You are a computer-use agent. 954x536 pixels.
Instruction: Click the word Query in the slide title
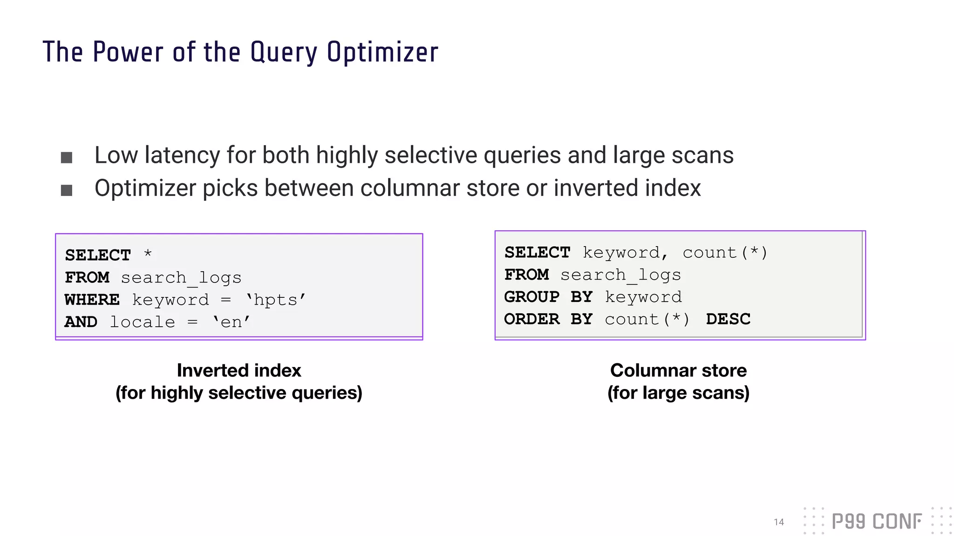[x=284, y=52]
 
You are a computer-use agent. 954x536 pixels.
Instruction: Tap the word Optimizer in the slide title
[x=382, y=52]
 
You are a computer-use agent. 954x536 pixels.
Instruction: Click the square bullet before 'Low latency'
[x=67, y=158]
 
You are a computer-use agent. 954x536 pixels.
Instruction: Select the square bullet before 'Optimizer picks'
[x=67, y=190]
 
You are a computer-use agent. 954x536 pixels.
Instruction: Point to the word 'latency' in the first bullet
[x=182, y=155]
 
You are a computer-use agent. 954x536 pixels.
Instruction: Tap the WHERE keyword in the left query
[x=92, y=300]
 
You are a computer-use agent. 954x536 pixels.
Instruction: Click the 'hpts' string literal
[x=276, y=300]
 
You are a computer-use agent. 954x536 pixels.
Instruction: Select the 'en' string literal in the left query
[x=232, y=322]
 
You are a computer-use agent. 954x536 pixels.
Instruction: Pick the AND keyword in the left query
[x=81, y=322]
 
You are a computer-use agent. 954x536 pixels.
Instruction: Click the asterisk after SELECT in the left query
[x=148, y=254]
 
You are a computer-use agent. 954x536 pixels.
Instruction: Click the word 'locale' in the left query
[x=143, y=322]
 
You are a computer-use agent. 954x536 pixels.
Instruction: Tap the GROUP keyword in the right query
[x=532, y=297]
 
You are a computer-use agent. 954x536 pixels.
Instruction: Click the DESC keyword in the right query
[x=728, y=319]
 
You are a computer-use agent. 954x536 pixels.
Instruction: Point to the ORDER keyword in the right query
[x=532, y=319]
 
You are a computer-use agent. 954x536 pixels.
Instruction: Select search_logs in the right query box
[x=620, y=275]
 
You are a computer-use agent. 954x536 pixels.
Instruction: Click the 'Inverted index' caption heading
[x=239, y=370]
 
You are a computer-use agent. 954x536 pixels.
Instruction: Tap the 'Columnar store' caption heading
[x=678, y=370]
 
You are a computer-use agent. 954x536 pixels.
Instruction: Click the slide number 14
[x=779, y=522]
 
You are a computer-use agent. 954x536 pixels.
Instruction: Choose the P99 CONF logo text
[x=877, y=522]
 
